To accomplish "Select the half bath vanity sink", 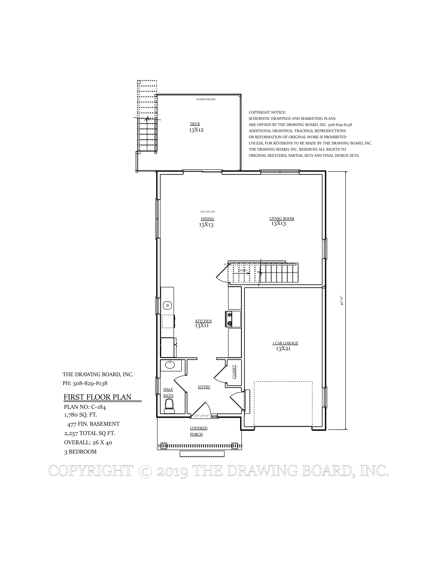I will (x=170, y=365).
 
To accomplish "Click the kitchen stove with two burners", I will (x=230, y=319).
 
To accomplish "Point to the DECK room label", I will (x=195, y=124).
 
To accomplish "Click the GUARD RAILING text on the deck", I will (x=206, y=99).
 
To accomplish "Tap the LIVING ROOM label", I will (x=282, y=218).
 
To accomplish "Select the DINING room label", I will (x=207, y=219).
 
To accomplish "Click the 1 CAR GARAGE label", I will (x=285, y=343).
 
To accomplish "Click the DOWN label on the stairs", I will (x=243, y=271).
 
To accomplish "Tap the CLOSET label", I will (x=234, y=372).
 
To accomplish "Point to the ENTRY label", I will (x=204, y=387).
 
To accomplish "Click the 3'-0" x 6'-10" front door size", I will (x=202, y=416).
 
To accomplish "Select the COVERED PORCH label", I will (x=198, y=431).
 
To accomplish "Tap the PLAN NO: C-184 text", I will (x=85, y=407).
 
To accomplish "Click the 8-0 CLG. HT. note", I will (x=208, y=211).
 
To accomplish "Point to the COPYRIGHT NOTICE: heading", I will (x=267, y=112).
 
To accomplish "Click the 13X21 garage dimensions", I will (x=283, y=349).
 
